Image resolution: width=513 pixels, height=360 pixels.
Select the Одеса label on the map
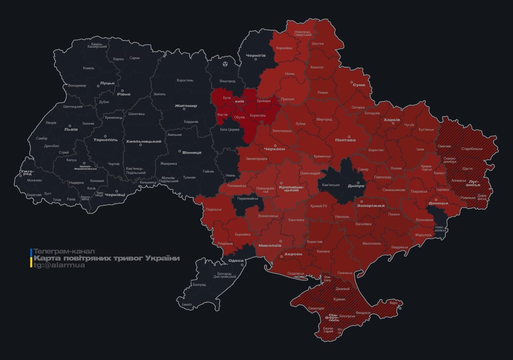236,261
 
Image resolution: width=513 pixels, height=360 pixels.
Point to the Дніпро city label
356,186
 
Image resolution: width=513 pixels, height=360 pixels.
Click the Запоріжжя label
370,206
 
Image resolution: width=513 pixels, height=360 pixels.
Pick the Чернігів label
256,55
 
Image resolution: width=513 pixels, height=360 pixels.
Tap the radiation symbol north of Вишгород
225,63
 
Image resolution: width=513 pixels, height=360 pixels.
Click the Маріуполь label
423,234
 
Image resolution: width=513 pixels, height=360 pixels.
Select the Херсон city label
293,254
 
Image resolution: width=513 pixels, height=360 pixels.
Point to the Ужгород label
27,173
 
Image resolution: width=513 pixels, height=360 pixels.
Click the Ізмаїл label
187,304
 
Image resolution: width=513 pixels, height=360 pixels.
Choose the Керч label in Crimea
393,303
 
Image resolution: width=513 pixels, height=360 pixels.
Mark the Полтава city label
345,140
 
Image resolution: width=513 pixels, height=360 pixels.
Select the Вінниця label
192,152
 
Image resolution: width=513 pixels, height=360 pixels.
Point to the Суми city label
359,85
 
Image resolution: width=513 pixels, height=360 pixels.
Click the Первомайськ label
248,198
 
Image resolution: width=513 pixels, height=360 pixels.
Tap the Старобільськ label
472,149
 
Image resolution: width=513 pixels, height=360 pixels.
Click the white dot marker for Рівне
122,91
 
